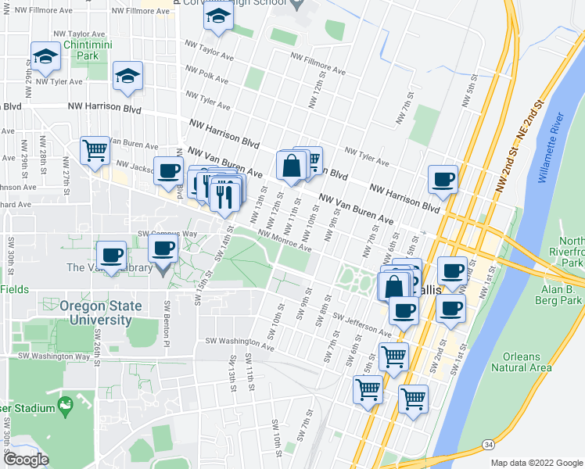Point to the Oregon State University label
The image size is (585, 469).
coord(95,313)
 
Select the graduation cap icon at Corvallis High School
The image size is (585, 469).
coord(218,16)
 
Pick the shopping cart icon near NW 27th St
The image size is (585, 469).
coord(95,150)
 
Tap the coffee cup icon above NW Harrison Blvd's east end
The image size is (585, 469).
coord(443,179)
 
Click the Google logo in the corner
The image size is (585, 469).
coord(26,460)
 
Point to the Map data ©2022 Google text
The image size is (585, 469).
coord(536,463)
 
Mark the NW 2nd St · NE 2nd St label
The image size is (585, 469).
coord(519,147)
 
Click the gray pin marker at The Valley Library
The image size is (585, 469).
coord(163,270)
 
